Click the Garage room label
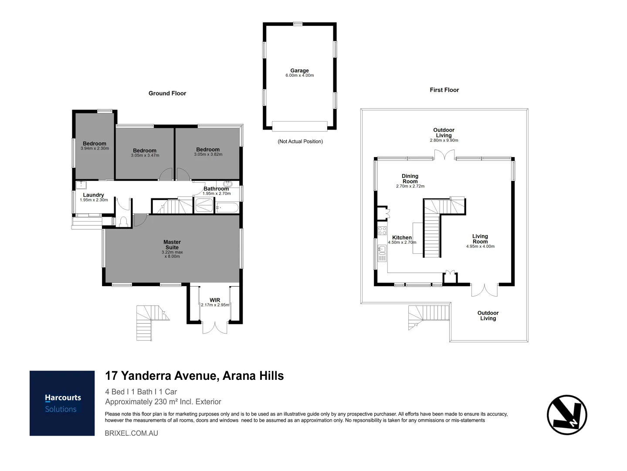click(x=299, y=71)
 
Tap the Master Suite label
click(x=172, y=245)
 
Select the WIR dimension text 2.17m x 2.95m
click(x=215, y=305)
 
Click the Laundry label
click(x=93, y=195)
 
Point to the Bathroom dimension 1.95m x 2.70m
click(x=217, y=194)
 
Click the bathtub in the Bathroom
click(x=227, y=207)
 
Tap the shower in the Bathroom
click(x=204, y=205)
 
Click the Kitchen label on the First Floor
click(x=402, y=238)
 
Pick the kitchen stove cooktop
click(x=382, y=231)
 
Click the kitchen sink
click(x=382, y=250)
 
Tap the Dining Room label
click(x=410, y=178)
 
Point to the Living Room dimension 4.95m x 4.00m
click(x=480, y=246)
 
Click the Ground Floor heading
click(x=167, y=93)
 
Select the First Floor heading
click(x=444, y=90)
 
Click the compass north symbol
click(x=567, y=415)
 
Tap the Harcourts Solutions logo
click(x=62, y=403)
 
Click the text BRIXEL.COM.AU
click(x=132, y=433)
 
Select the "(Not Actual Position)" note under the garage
click(x=300, y=141)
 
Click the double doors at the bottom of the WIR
click(x=215, y=327)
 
